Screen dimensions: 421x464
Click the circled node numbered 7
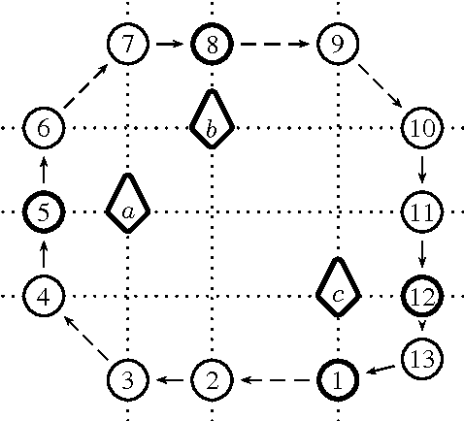[128, 43]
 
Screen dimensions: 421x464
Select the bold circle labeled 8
[212, 43]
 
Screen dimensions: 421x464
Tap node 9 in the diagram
[337, 43]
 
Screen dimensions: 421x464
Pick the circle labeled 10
[421, 127]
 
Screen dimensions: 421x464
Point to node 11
[421, 210]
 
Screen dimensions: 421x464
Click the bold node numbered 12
[421, 295]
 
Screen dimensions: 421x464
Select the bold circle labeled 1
[337, 378]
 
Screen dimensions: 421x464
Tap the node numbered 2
[212, 378]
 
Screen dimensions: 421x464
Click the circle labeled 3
[128, 378]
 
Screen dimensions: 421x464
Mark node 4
[44, 295]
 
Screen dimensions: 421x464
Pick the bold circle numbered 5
[44, 210]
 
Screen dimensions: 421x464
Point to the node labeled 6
[44, 127]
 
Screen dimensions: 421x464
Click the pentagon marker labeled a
[128, 205]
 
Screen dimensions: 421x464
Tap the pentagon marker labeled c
[337, 289]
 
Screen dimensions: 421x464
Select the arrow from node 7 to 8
[170, 43]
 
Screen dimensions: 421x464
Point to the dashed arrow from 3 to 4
[85, 337]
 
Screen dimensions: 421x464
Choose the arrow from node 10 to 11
[421, 169]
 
